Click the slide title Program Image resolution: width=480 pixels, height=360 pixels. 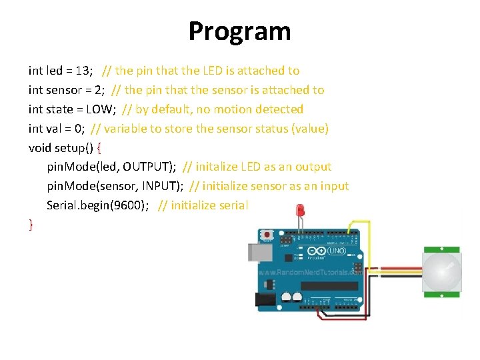pyautogui.click(x=239, y=31)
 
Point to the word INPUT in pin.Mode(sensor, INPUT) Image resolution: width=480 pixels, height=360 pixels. pyautogui.click(x=164, y=186)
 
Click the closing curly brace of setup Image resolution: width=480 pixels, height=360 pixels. pyautogui.click(x=31, y=225)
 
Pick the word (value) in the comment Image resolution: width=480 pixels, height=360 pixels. pyautogui.click(x=309, y=129)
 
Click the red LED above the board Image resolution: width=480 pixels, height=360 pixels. pyautogui.click(x=300, y=211)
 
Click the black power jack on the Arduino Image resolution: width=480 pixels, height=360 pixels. pyautogui.click(x=265, y=301)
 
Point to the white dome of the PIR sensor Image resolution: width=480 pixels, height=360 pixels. pyautogui.click(x=441, y=271)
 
